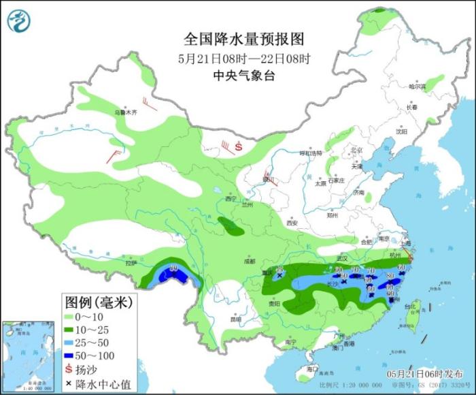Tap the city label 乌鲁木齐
pyautogui.click(x=124, y=112)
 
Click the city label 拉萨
pyautogui.click(x=131, y=262)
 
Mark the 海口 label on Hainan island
pyautogui.click(x=311, y=368)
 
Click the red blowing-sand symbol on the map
pyautogui.click(x=239, y=146)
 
